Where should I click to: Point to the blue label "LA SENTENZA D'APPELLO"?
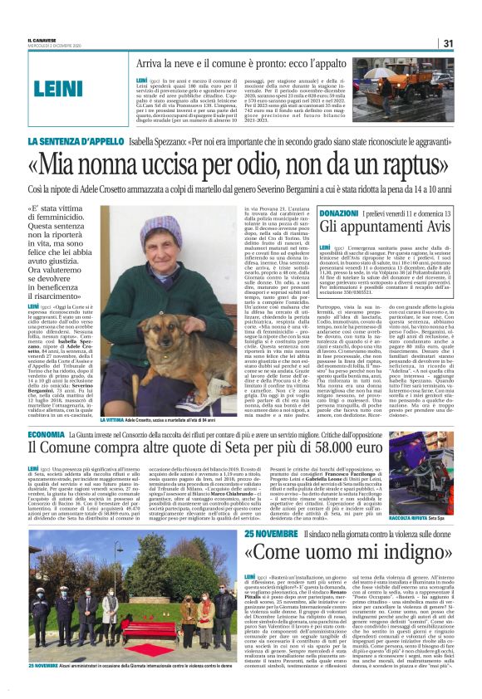point(80,144)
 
